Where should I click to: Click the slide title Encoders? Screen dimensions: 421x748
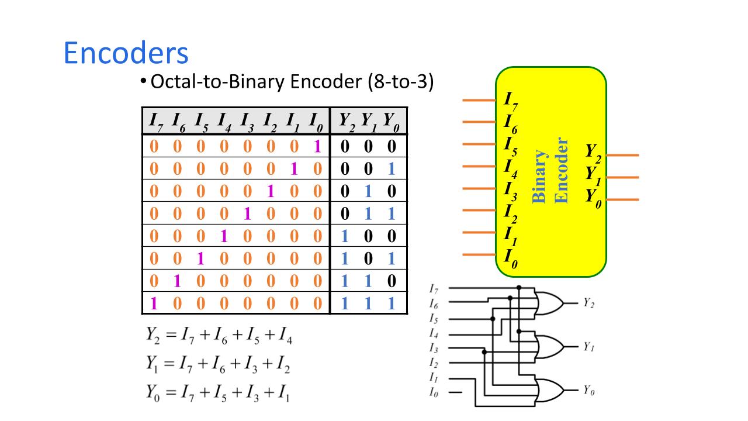126,53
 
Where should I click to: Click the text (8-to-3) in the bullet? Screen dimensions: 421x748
400,81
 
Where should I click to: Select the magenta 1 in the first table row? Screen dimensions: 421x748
317,146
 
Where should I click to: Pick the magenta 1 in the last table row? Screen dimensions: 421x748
154,303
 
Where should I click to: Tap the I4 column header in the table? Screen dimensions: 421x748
224,122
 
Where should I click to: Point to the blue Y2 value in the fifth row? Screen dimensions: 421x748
345,236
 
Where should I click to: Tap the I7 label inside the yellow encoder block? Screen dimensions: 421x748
511,101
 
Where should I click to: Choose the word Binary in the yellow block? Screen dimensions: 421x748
539,176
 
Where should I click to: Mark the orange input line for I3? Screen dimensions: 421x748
479,189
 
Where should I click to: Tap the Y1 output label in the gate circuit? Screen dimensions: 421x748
588,347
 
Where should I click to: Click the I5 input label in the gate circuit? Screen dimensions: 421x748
434,319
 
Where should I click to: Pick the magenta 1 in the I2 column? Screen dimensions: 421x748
270,191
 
